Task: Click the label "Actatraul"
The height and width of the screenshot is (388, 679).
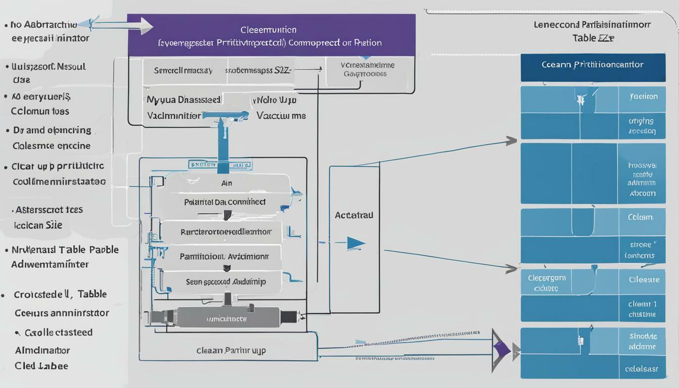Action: click(354, 215)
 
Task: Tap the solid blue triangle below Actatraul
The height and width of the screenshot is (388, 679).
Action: click(356, 244)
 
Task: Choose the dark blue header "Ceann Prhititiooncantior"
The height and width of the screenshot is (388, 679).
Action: click(593, 65)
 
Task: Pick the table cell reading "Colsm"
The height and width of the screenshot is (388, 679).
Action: click(640, 217)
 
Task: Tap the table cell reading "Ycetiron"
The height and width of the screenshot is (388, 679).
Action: click(643, 96)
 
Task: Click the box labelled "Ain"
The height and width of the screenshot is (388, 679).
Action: click(227, 183)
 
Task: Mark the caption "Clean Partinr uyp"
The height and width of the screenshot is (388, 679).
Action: click(231, 350)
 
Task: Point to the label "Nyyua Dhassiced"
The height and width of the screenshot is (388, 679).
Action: click(183, 100)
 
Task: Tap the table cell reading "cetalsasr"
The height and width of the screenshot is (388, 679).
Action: click(642, 369)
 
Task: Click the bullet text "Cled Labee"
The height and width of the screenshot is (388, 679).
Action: click(41, 366)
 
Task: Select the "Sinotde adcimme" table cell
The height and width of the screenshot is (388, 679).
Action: click(643, 341)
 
